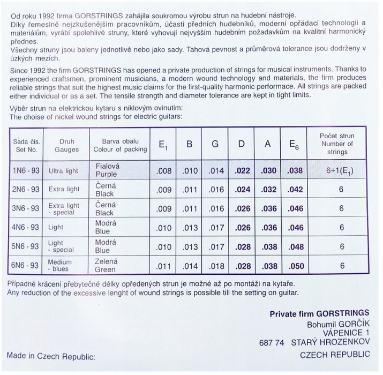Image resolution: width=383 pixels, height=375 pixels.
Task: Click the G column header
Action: point(215,145)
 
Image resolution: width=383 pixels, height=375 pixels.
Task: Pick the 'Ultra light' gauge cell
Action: point(63,171)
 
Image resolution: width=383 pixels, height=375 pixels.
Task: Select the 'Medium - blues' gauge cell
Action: point(61,265)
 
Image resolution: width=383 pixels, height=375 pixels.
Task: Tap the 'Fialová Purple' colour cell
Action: point(107,171)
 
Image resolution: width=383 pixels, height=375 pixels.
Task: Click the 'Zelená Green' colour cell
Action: point(106,265)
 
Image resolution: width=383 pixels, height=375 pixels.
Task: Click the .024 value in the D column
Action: point(242,190)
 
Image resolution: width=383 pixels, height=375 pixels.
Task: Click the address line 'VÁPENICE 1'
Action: point(344,333)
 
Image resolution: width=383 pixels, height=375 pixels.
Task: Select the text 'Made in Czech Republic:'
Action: point(51,355)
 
